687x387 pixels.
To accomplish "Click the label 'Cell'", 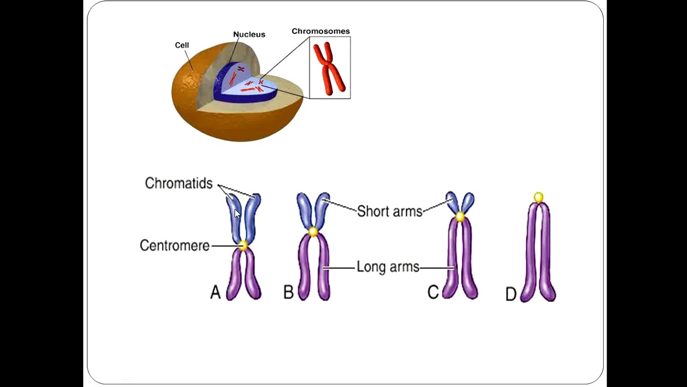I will [x=182, y=45].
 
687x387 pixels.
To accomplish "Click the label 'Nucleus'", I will [x=249, y=34].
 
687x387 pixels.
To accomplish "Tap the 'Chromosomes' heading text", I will [x=320, y=31].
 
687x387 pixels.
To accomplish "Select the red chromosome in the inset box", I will [x=330, y=68].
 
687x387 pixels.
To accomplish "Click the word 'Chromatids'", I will [x=179, y=183].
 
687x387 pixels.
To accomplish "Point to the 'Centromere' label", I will [x=174, y=246].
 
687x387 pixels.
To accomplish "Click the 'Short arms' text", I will [x=390, y=211].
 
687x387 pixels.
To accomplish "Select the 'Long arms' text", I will [x=388, y=267].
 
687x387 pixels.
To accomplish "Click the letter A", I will [x=215, y=292].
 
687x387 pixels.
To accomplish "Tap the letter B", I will [x=288, y=292].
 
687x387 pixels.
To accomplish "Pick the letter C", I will [x=433, y=292].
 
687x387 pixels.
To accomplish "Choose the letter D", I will [x=511, y=295].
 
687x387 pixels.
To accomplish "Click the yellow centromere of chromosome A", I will [x=243, y=246].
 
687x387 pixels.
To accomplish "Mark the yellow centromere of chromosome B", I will [x=313, y=232].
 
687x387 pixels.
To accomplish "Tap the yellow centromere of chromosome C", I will [x=460, y=217].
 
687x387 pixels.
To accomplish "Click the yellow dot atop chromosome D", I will [x=538, y=198].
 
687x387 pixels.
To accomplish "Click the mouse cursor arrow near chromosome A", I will [x=237, y=213].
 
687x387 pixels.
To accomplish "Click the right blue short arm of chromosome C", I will [x=467, y=203].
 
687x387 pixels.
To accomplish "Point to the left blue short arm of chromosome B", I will [x=304, y=210].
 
